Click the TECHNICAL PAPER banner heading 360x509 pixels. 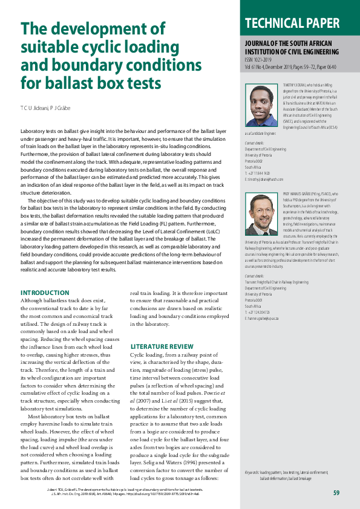click(x=292, y=23)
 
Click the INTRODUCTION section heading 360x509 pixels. click(x=45, y=293)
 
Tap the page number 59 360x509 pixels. click(x=336, y=493)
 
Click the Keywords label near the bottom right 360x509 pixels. click(x=252, y=472)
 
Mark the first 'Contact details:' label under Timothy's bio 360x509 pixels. click(x=255, y=143)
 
